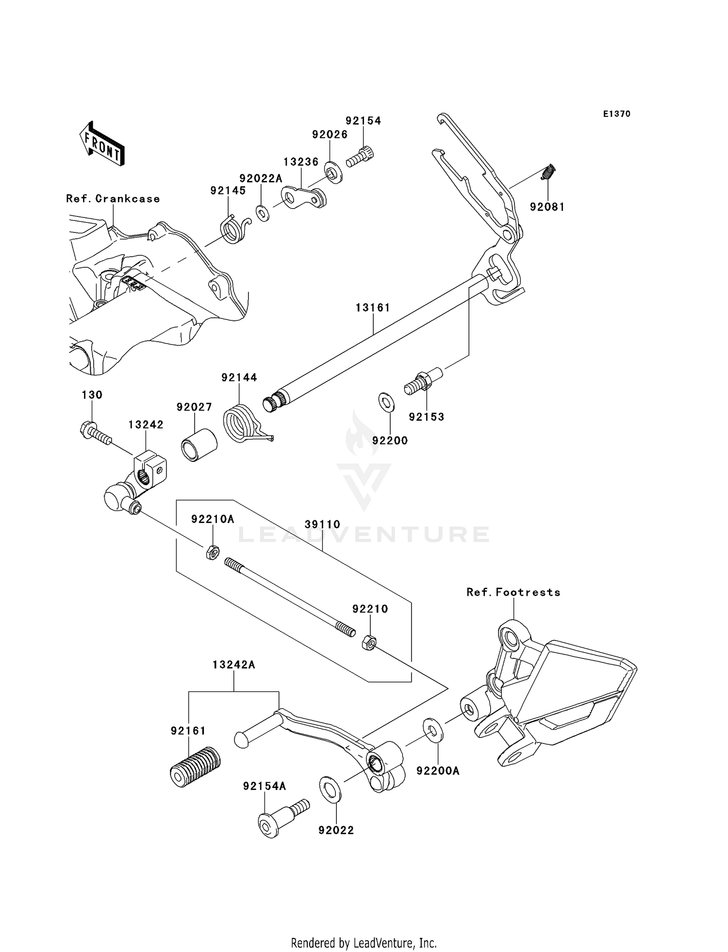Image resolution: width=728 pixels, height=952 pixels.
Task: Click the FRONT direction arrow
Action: pos(102,144)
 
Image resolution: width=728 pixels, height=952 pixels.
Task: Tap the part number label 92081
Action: pos(547,207)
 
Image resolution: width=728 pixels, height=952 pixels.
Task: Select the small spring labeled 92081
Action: pos(549,173)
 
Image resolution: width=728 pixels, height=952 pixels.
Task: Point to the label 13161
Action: pos(373,308)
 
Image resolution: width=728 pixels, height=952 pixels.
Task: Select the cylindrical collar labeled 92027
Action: pos(199,444)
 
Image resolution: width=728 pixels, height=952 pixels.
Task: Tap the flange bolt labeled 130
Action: pos(95,432)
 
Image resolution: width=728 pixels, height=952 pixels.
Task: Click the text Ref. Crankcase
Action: pos(113,198)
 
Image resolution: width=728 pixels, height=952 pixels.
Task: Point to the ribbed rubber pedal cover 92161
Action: pos(195,767)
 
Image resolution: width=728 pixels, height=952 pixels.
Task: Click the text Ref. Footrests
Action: pos(513,592)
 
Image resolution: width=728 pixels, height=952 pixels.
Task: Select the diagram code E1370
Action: pos(616,114)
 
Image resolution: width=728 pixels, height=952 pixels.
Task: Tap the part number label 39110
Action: pos(322,525)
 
